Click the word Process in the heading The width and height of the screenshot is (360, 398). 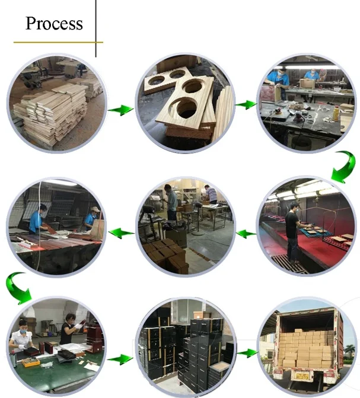(x=53, y=24)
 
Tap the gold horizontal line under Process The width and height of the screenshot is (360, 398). (x=58, y=42)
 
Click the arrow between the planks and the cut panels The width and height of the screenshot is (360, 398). (x=122, y=110)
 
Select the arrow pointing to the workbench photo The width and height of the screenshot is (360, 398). (x=243, y=105)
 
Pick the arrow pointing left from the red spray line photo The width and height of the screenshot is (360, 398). (x=246, y=234)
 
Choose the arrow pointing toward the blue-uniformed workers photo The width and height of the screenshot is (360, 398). (x=122, y=233)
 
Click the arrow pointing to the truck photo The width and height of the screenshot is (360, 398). (x=246, y=352)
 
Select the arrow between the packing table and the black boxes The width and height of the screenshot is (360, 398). (x=120, y=359)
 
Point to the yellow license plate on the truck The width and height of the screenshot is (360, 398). (x=302, y=375)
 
